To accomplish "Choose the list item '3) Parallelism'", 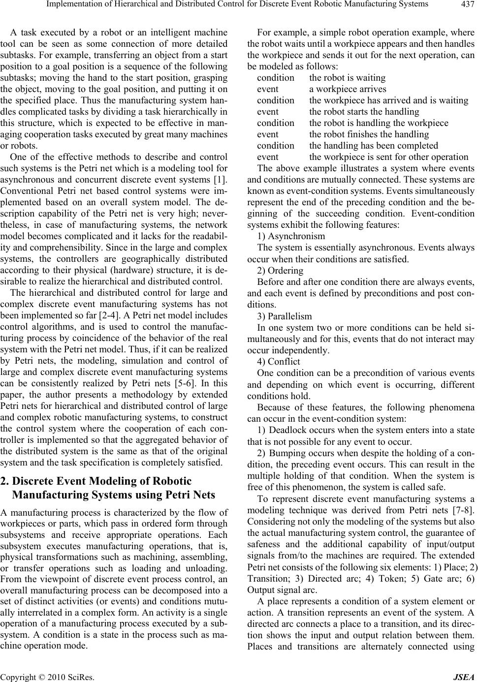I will pos(285,316).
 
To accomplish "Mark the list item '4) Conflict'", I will pos(279,361).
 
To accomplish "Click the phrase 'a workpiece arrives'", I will pos(348,89).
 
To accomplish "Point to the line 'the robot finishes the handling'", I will pos(369,134).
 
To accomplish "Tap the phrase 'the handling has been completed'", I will pos(373,146).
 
